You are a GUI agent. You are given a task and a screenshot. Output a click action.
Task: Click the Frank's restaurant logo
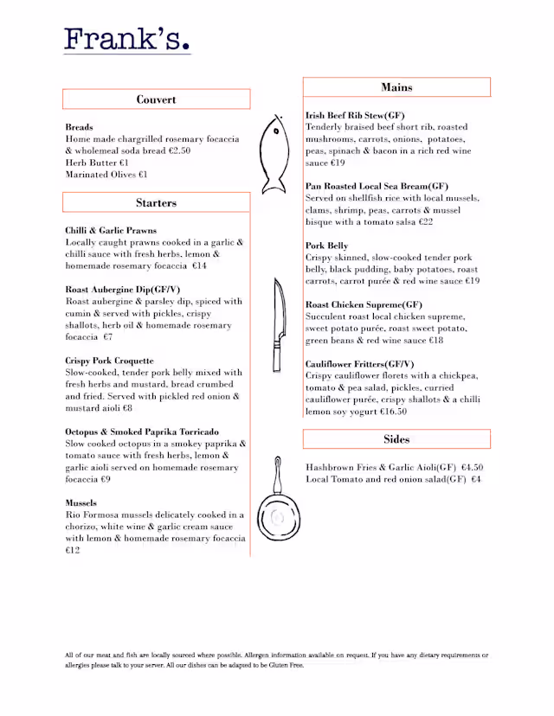(126, 39)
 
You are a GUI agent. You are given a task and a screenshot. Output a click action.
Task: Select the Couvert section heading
(156, 99)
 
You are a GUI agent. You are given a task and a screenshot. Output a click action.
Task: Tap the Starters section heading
(156, 203)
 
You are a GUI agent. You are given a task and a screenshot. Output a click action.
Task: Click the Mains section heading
(396, 87)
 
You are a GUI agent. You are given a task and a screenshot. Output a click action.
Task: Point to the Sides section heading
(396, 439)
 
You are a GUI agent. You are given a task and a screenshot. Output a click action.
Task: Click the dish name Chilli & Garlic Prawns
(111, 231)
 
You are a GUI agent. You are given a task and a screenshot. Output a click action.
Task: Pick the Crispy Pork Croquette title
(110, 361)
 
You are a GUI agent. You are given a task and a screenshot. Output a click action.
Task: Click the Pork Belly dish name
(327, 246)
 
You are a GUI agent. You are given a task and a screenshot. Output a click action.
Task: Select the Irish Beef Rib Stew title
(355, 115)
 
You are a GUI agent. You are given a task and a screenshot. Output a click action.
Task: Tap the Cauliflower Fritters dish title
(359, 364)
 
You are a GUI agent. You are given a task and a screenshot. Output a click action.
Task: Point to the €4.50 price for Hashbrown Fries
(472, 467)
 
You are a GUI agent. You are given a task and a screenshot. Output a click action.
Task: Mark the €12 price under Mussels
(73, 550)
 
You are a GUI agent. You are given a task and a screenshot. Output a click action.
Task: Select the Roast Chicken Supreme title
(364, 305)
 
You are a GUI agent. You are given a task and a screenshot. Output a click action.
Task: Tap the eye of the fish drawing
(275, 132)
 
